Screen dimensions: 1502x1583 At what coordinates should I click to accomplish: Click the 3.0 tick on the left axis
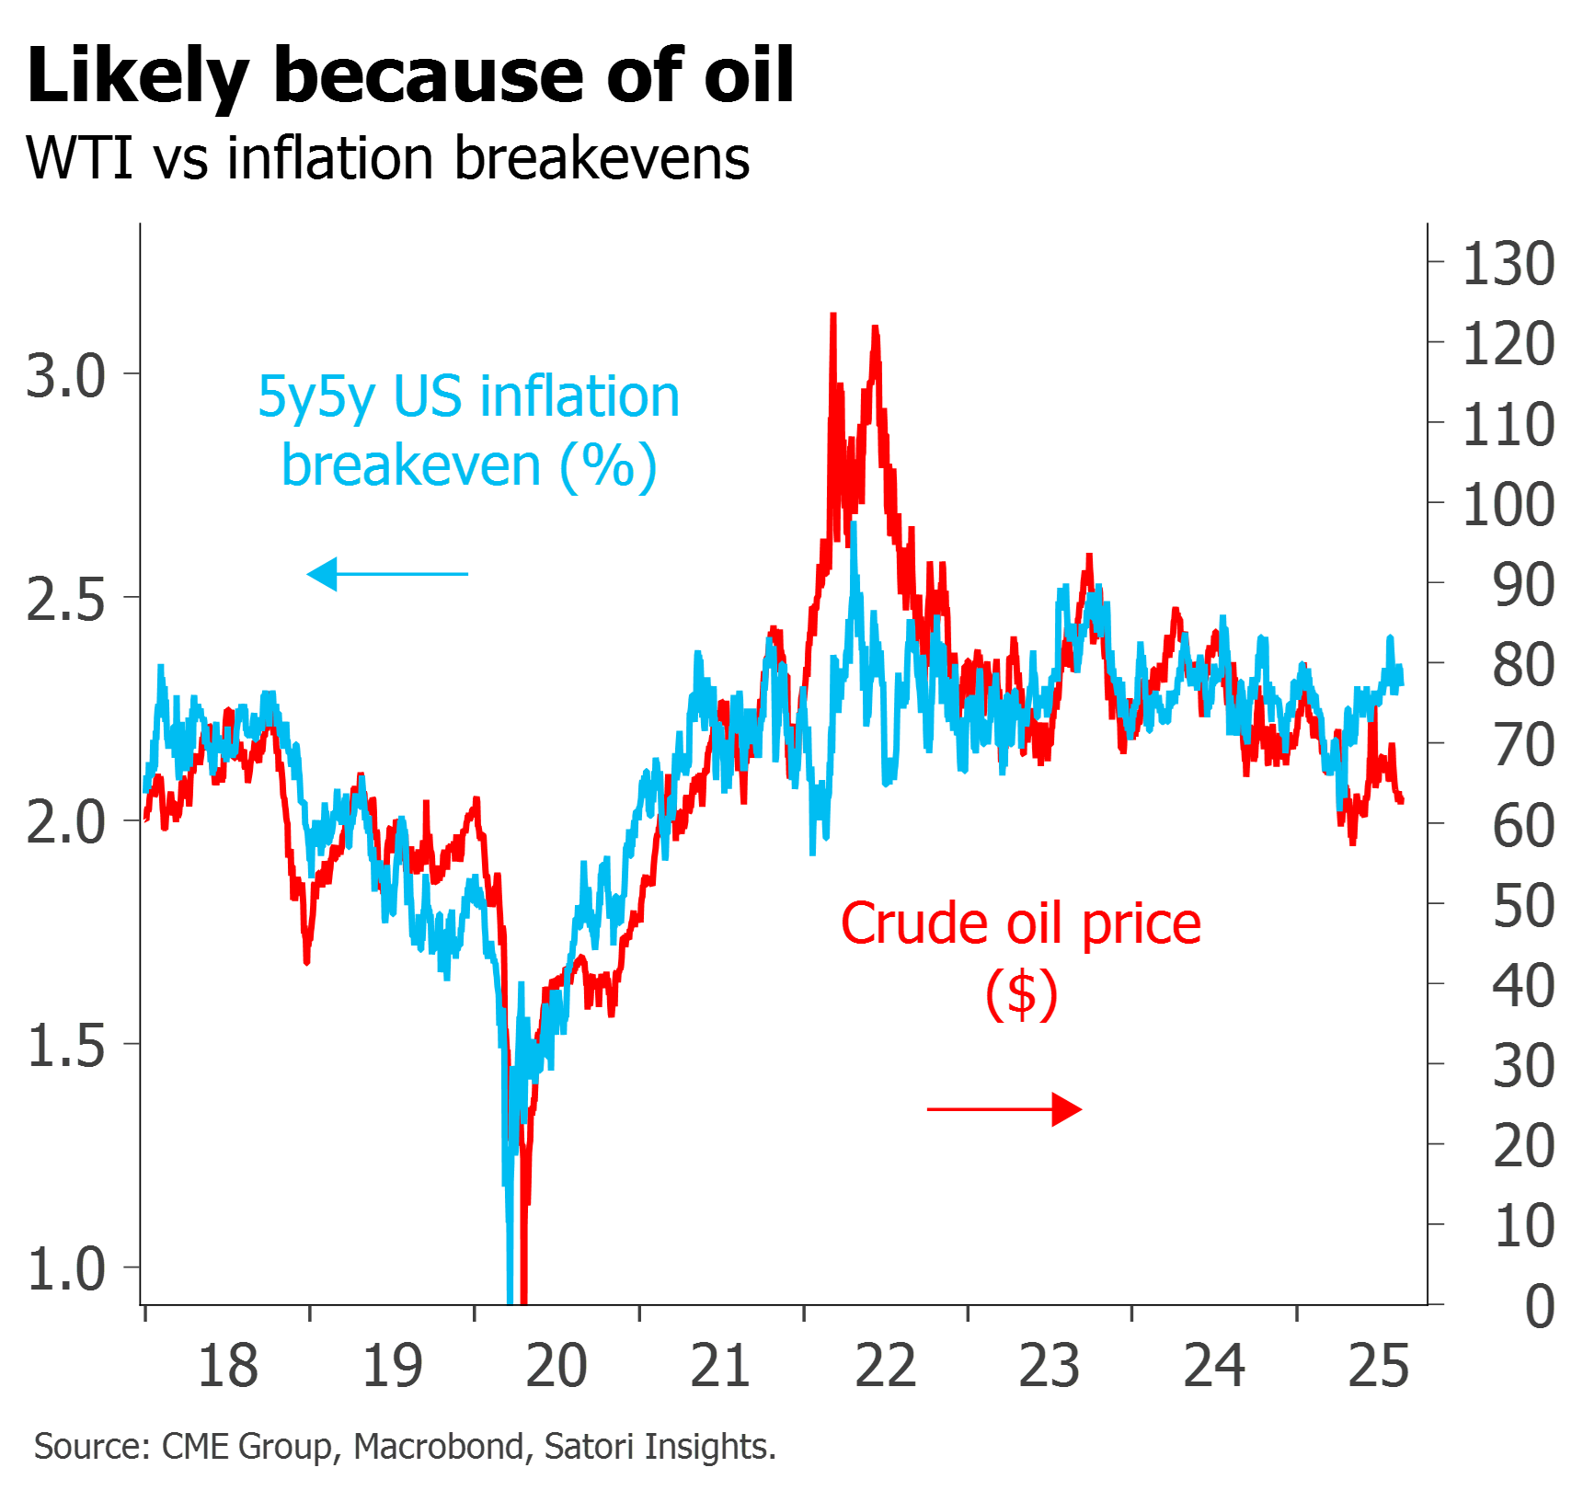click(66, 374)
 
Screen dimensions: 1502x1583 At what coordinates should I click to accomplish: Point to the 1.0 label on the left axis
click(66, 1269)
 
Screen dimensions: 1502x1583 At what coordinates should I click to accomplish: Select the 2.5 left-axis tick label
click(66, 599)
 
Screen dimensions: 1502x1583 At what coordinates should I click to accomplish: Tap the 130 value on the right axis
click(1508, 263)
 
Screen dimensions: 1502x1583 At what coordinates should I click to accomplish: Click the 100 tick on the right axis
click(1508, 504)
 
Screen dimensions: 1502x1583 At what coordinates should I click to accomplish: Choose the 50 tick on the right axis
click(1523, 905)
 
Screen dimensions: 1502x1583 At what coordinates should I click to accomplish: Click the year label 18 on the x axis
click(227, 1366)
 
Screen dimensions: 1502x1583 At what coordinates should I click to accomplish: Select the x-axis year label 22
click(886, 1366)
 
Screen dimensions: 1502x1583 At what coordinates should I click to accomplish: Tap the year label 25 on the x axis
click(1379, 1366)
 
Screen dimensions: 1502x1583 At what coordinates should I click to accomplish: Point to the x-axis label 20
click(556, 1366)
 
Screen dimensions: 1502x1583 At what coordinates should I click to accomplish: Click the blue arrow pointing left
click(386, 574)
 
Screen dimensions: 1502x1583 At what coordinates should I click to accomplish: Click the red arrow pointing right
click(1004, 1109)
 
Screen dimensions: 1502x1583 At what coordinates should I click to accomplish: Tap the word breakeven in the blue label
click(411, 465)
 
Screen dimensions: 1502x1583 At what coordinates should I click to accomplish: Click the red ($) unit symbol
click(1022, 993)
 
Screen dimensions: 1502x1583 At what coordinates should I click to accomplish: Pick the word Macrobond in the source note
click(439, 1447)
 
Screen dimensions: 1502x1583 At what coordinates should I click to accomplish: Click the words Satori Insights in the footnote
click(659, 1447)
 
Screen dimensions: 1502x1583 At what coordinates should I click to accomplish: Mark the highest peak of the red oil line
click(833, 315)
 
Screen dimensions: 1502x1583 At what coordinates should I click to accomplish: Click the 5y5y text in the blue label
click(315, 397)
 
